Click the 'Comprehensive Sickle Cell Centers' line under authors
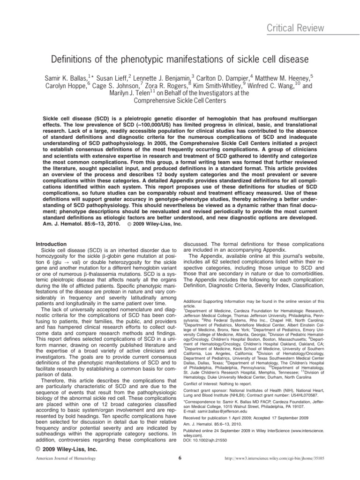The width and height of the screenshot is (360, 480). (180, 100)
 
